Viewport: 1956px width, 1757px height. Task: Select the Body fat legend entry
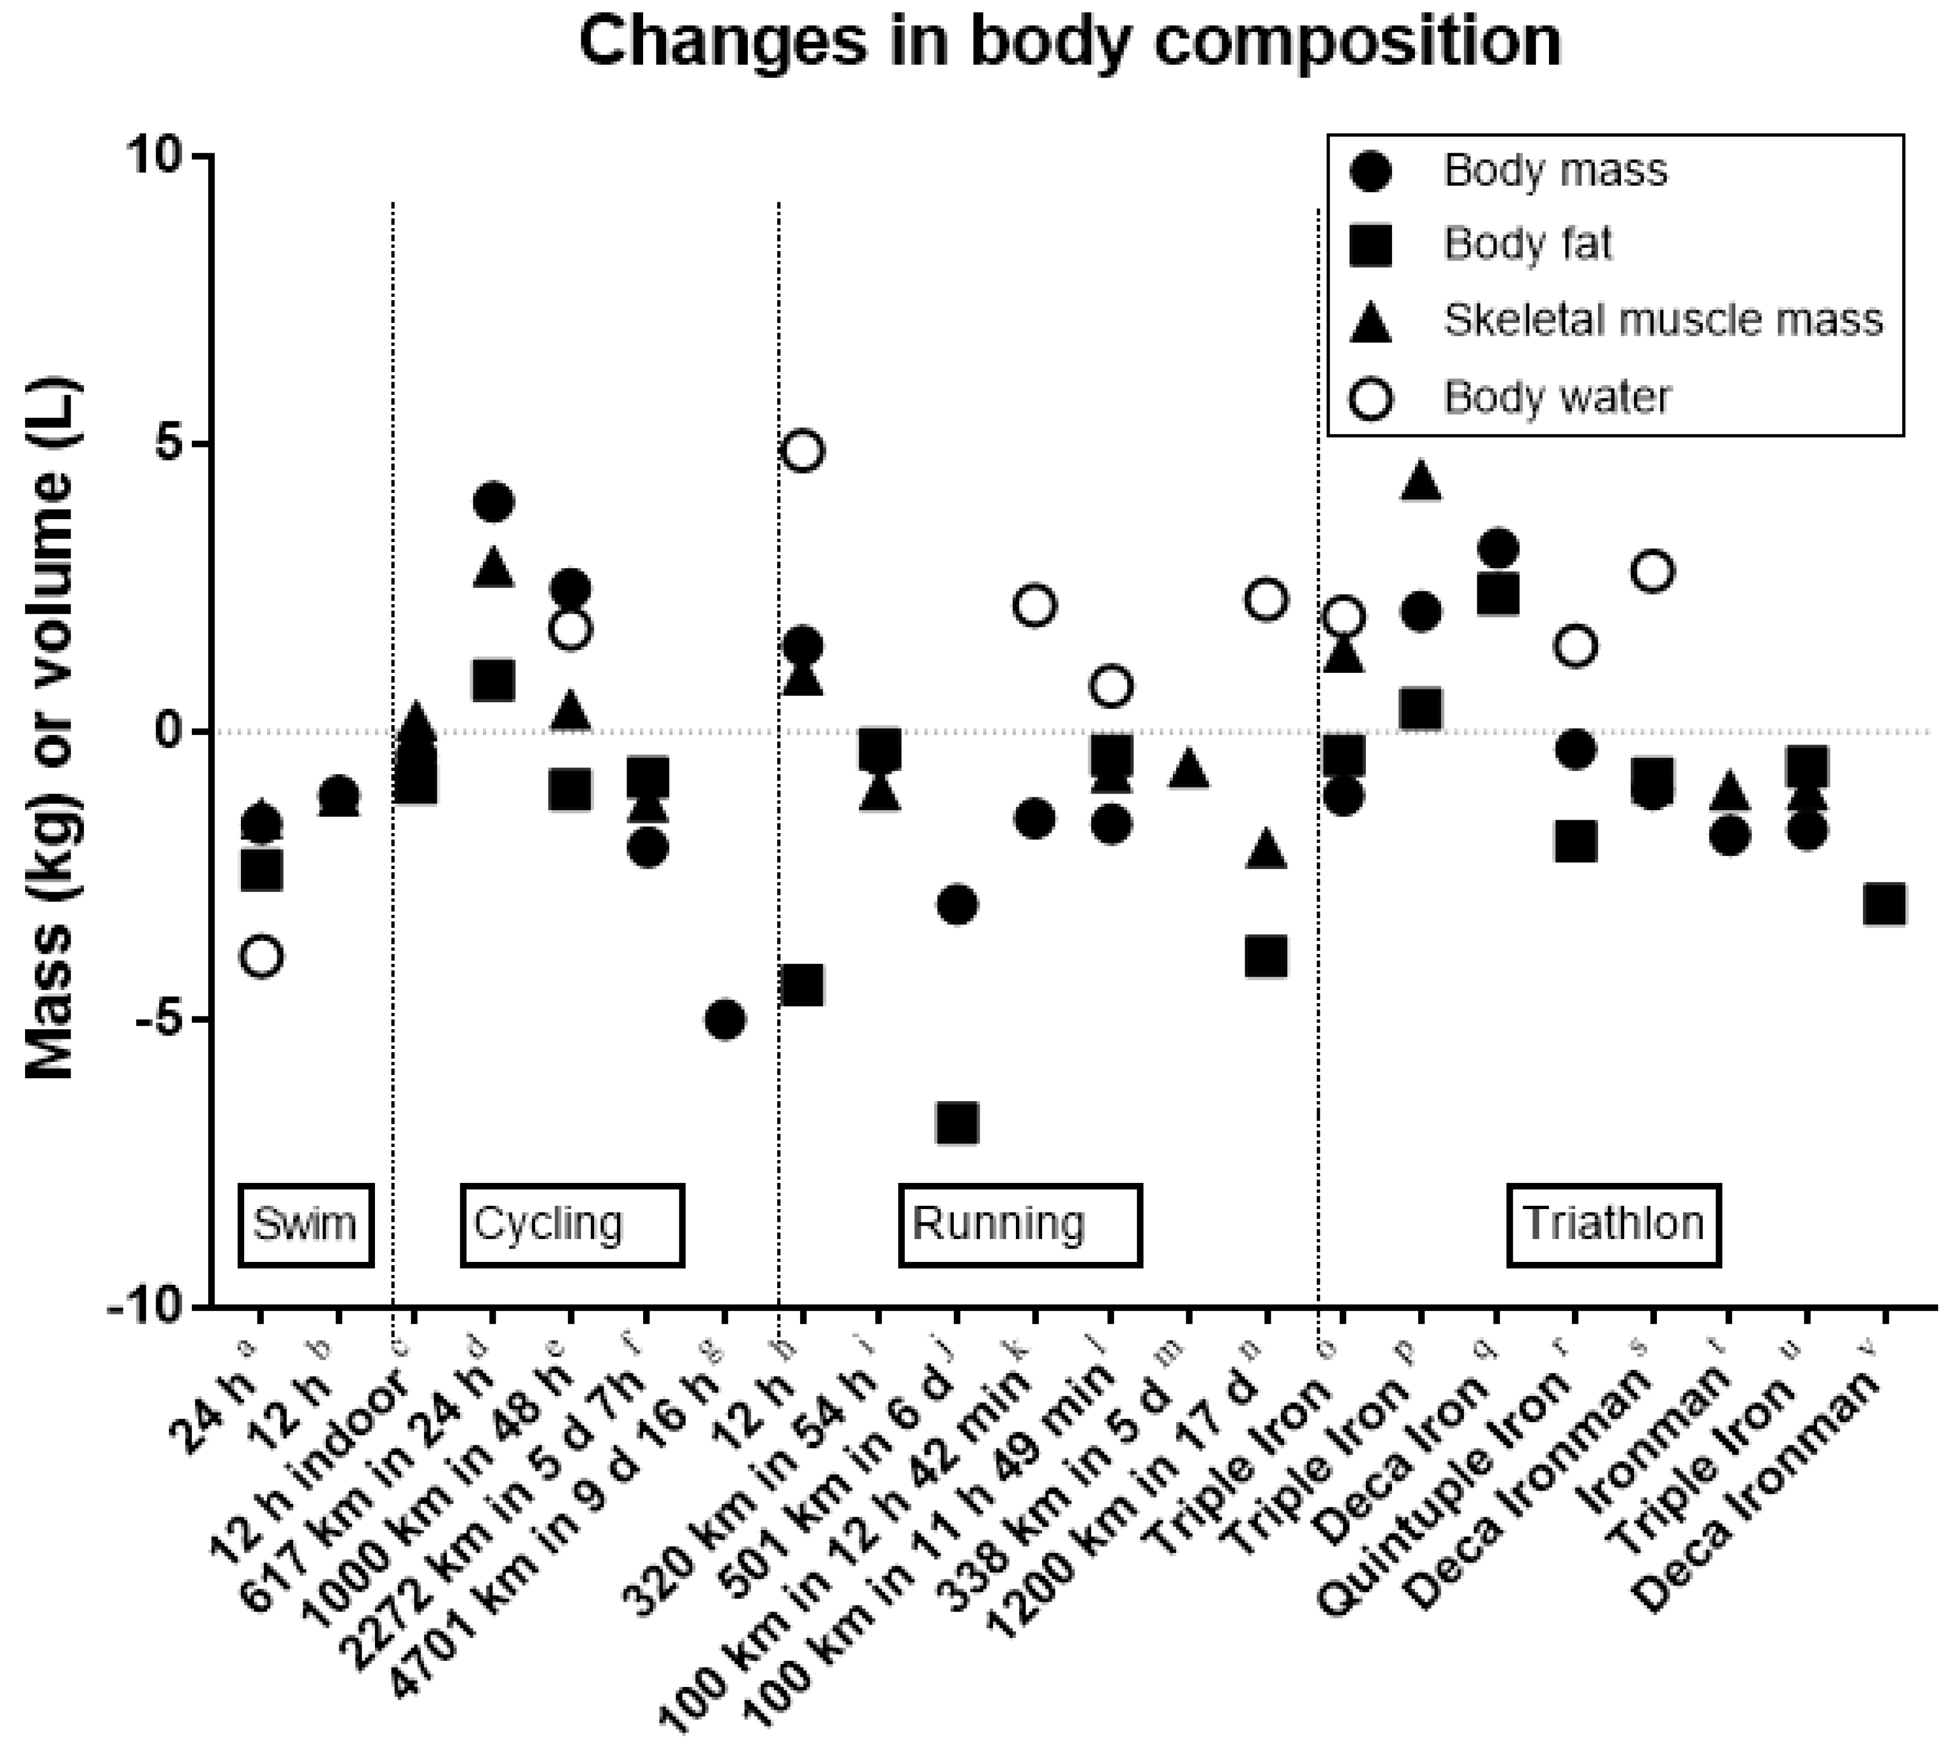tap(1527, 244)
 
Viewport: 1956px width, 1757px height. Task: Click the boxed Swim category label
tap(305, 1224)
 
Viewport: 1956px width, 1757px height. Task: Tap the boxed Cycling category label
tap(572, 1224)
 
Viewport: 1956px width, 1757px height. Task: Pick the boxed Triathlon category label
tap(1613, 1224)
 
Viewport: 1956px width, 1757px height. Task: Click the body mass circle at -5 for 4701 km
tap(725, 1019)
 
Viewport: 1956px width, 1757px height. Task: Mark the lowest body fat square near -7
tap(957, 1123)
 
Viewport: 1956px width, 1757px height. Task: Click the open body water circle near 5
tap(803, 451)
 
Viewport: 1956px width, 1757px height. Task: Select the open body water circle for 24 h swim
tap(263, 956)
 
